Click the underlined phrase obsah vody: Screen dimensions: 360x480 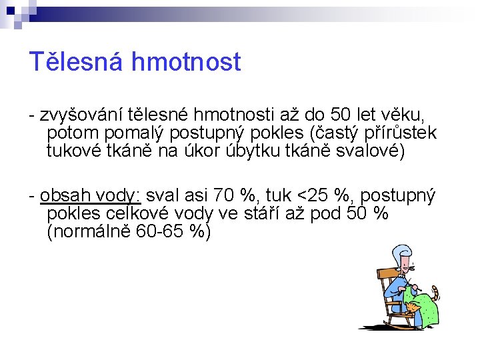(x=91, y=196)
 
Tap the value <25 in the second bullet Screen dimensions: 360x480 (x=313, y=196)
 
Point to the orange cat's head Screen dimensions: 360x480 (x=415, y=307)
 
